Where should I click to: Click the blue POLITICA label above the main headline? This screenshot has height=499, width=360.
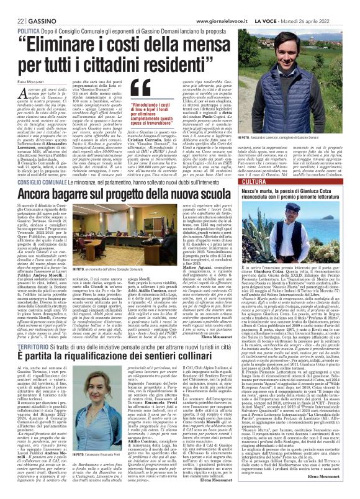point(20,13)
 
